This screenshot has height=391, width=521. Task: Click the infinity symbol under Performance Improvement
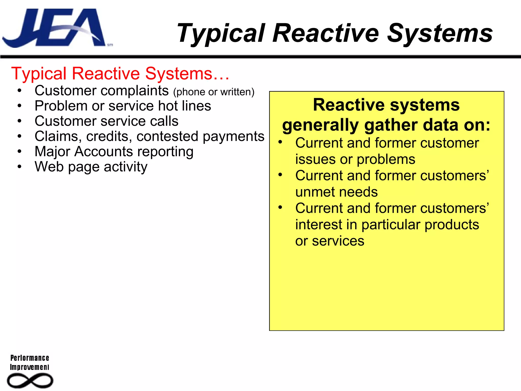(30, 381)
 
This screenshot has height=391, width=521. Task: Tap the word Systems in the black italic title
(440, 34)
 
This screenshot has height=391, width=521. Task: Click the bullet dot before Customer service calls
(20, 121)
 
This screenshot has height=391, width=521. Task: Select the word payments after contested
(234, 137)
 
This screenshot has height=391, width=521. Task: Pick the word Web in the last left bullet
(49, 167)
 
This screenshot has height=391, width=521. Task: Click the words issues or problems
(355, 160)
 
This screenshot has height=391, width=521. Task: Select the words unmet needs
(336, 192)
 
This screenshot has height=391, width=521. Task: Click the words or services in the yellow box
(330, 241)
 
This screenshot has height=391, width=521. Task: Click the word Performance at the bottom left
(30, 358)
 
